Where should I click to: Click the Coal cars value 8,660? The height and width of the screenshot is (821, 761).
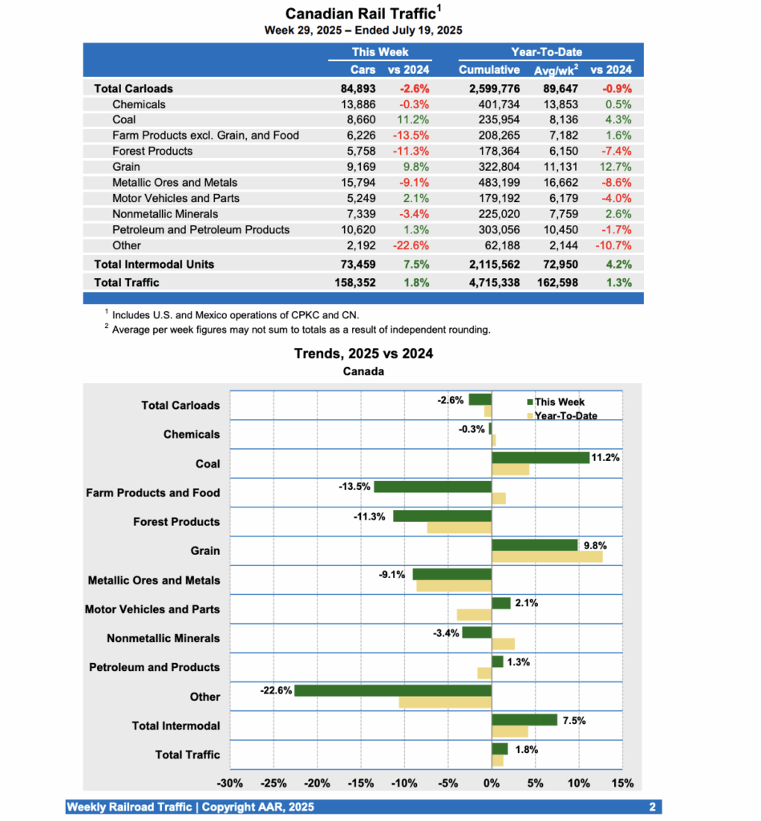coord(358,119)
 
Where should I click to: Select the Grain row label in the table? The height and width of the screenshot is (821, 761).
coord(127,167)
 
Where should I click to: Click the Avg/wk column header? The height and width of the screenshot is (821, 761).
coord(557,70)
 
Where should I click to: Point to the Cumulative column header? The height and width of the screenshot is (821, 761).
coord(489,70)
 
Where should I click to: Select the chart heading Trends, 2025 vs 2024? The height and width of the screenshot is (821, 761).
coord(363,354)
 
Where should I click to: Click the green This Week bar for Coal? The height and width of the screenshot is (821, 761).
coord(540,458)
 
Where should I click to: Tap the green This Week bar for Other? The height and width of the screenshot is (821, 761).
coord(393,690)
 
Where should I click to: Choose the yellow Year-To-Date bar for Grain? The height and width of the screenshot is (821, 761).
coord(547,556)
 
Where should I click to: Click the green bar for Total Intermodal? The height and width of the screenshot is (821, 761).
coord(524,720)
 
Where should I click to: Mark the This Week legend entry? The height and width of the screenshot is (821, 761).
coord(558,402)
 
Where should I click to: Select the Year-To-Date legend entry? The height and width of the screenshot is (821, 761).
coord(565,415)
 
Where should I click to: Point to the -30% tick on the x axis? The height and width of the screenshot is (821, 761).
coord(231,783)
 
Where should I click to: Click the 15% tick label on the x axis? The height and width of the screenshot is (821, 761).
coord(622,783)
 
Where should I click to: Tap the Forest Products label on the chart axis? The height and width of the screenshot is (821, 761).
coord(176,522)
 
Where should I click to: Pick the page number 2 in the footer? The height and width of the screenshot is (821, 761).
coord(653,807)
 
